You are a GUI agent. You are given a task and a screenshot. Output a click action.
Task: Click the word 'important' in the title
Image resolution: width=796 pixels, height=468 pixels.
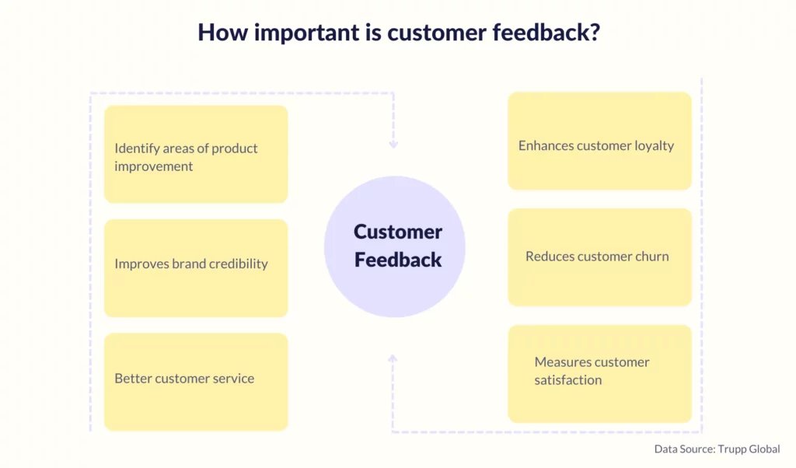click(x=306, y=33)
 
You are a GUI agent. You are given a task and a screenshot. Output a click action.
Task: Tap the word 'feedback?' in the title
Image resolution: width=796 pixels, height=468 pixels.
click(x=546, y=32)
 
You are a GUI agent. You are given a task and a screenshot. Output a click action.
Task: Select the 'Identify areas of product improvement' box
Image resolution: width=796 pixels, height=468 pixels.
click(x=196, y=154)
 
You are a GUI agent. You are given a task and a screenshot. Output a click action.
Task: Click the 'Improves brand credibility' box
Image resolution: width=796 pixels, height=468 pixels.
click(x=196, y=268)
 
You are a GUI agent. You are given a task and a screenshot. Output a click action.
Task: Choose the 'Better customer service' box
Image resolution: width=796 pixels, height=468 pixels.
click(x=196, y=382)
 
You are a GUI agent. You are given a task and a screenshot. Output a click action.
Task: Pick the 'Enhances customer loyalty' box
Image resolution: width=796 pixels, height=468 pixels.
click(x=599, y=141)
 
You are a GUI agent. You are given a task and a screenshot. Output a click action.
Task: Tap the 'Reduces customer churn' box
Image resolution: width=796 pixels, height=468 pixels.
click(x=599, y=257)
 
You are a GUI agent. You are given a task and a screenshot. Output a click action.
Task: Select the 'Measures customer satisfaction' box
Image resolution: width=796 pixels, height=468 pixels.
click(x=599, y=374)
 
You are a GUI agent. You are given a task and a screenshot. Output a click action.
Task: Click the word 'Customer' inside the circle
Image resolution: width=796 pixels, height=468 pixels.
click(x=398, y=232)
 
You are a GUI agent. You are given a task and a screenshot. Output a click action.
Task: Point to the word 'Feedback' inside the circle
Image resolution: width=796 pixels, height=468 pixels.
click(x=398, y=260)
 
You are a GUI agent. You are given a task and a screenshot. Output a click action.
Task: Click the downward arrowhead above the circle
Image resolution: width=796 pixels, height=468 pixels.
click(x=393, y=145)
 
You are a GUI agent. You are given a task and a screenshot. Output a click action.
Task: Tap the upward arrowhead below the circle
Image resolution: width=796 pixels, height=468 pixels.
click(x=393, y=359)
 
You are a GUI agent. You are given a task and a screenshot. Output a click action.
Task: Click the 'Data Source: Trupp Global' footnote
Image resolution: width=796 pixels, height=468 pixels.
click(x=717, y=449)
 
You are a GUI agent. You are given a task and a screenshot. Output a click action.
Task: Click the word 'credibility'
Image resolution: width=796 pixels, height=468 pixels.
click(x=238, y=264)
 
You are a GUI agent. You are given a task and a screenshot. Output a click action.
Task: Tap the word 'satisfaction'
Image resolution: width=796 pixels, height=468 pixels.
click(x=568, y=380)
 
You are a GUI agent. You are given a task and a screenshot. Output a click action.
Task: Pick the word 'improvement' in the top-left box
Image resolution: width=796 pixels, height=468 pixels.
click(x=153, y=167)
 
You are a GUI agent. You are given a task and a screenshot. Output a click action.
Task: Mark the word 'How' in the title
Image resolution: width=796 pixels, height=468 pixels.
click(x=223, y=32)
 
